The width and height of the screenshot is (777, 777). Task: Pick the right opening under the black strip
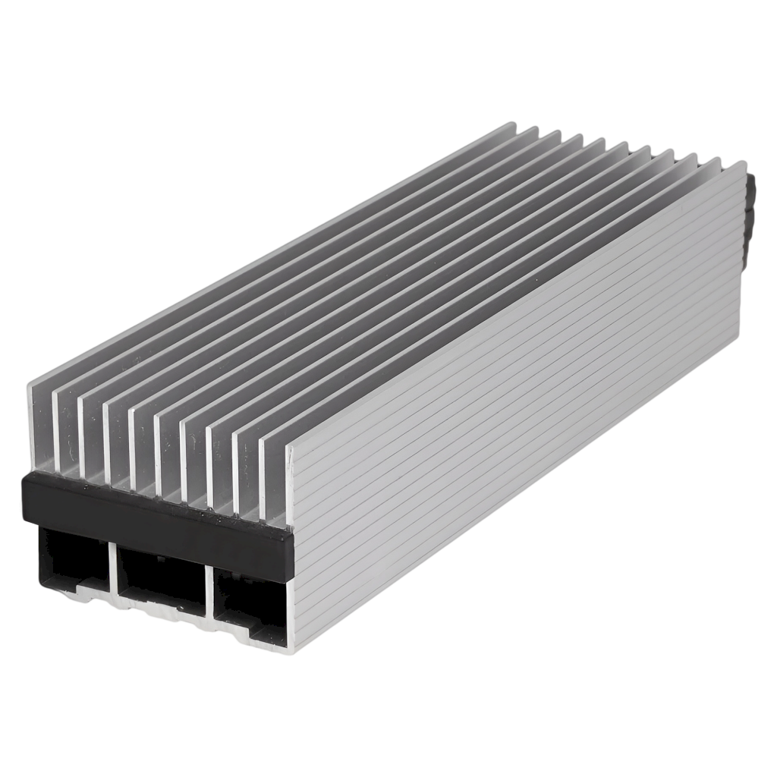tap(250, 599)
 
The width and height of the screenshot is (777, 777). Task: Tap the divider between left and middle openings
tap(114, 565)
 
